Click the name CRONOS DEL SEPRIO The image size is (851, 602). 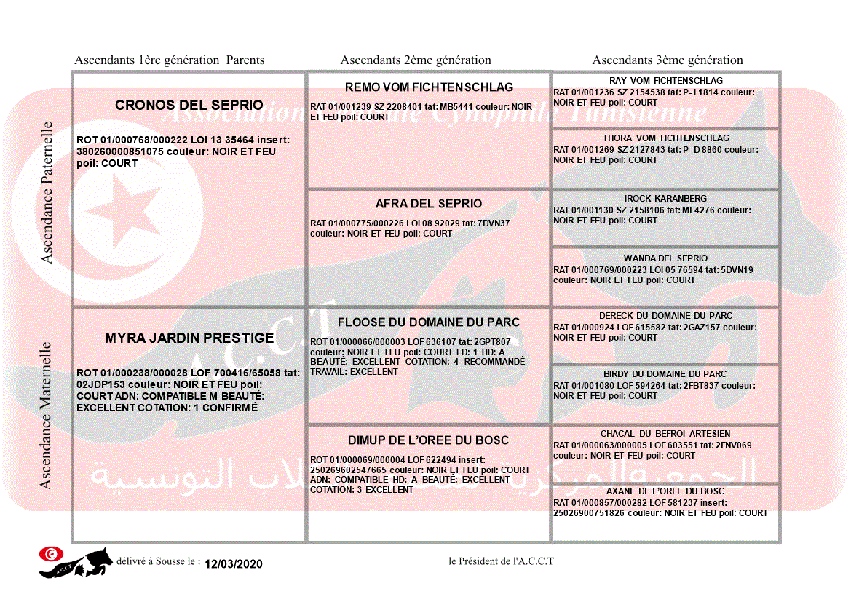click(x=189, y=106)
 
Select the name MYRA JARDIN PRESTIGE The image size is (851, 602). click(x=189, y=338)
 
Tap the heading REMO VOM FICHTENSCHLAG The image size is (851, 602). click(x=429, y=87)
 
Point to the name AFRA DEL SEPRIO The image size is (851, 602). click(x=429, y=204)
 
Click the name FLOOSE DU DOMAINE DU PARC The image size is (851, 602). click(x=429, y=322)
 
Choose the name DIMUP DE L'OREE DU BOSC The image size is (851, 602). click(x=428, y=440)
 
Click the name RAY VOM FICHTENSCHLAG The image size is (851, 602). click(x=665, y=81)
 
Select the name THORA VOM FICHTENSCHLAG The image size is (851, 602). click(x=665, y=138)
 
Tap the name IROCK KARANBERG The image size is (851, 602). click(x=665, y=199)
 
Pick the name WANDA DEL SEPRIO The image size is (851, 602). click(x=665, y=258)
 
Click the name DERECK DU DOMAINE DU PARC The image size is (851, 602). click(x=665, y=316)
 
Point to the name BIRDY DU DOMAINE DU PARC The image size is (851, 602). click(x=665, y=374)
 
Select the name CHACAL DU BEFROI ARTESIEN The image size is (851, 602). click(x=665, y=434)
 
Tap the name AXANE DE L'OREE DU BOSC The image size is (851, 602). click(x=665, y=491)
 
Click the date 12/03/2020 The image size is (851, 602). click(x=233, y=564)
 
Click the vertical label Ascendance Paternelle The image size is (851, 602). click(x=47, y=192)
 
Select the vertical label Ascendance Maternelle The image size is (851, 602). click(x=46, y=416)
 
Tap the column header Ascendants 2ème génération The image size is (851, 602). click(x=416, y=60)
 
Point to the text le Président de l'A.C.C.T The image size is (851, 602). click(x=501, y=561)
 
